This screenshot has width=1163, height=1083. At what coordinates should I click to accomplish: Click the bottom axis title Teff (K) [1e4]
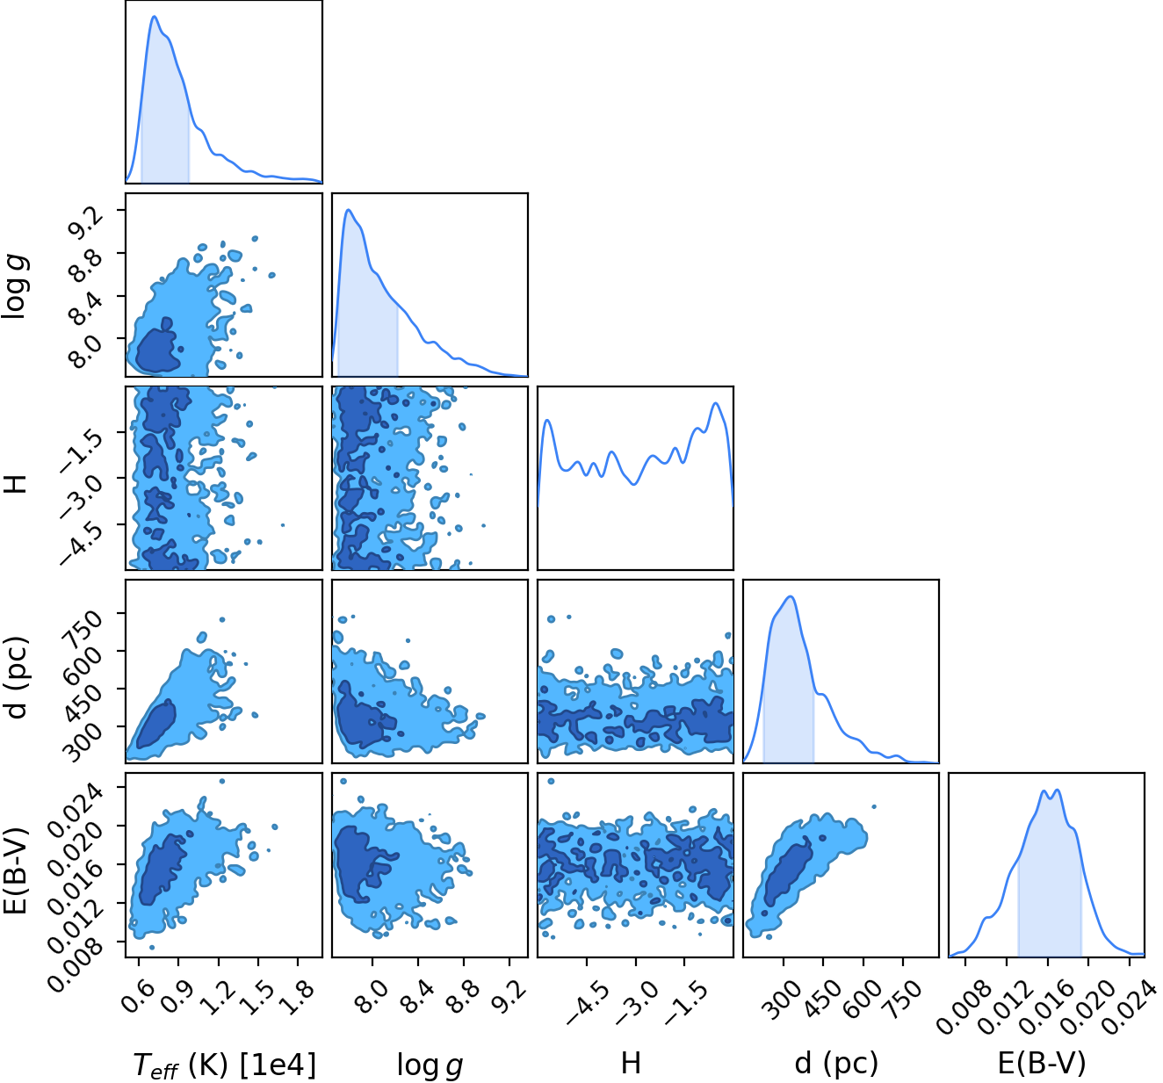225,1065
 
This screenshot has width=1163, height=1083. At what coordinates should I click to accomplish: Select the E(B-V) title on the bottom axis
1042,1063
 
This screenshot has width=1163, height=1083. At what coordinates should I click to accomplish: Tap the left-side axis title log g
15,287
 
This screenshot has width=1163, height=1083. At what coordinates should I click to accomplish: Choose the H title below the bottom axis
631,1063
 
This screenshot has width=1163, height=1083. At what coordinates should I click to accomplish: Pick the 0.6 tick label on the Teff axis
138,997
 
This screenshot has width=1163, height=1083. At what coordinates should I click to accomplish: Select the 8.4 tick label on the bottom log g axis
417,997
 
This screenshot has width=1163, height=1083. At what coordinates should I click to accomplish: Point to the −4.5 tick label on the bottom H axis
588,1003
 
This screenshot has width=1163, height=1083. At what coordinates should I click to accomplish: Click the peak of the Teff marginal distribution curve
155,17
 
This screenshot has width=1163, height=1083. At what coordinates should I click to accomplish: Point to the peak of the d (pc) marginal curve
791,597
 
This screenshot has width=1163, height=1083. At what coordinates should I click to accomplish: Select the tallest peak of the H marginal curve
715,403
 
